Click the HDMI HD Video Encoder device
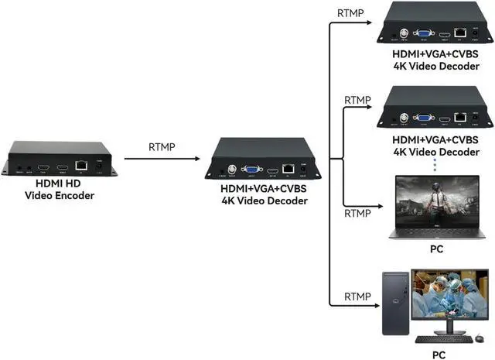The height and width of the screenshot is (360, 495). (59, 158)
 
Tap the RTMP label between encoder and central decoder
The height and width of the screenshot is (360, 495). (162, 147)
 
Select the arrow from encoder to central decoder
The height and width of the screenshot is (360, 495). (162, 159)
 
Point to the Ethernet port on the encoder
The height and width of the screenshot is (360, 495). (80, 166)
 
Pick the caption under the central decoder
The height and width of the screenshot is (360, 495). (263, 195)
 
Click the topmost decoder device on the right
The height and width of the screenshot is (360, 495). (435, 22)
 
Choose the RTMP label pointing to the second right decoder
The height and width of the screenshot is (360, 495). (357, 101)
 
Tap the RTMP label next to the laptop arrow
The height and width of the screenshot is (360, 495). (357, 213)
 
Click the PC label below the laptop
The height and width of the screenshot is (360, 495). (436, 249)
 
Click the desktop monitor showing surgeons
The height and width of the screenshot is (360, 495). (449, 295)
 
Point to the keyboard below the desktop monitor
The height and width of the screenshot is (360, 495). (438, 339)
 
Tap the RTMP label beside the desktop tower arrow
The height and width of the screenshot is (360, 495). (357, 296)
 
